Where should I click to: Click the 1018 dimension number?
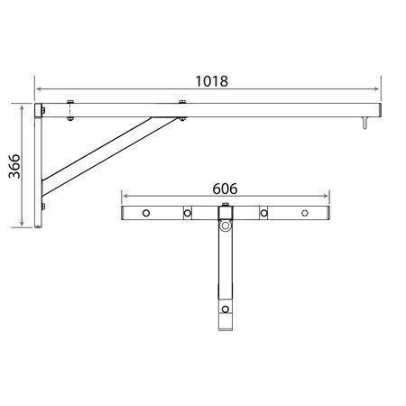(x=212, y=81)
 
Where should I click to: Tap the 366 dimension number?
(x=14, y=166)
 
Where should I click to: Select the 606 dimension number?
(x=225, y=189)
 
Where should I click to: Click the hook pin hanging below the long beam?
(x=365, y=124)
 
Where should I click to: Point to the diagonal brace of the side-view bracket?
(x=110, y=157)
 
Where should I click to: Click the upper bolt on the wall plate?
(x=43, y=110)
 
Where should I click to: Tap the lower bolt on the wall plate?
(x=43, y=207)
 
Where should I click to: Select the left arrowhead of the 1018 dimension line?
(x=39, y=89)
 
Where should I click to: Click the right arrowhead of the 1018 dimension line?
(x=376, y=89)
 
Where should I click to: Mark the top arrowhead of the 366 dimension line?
(x=22, y=108)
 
